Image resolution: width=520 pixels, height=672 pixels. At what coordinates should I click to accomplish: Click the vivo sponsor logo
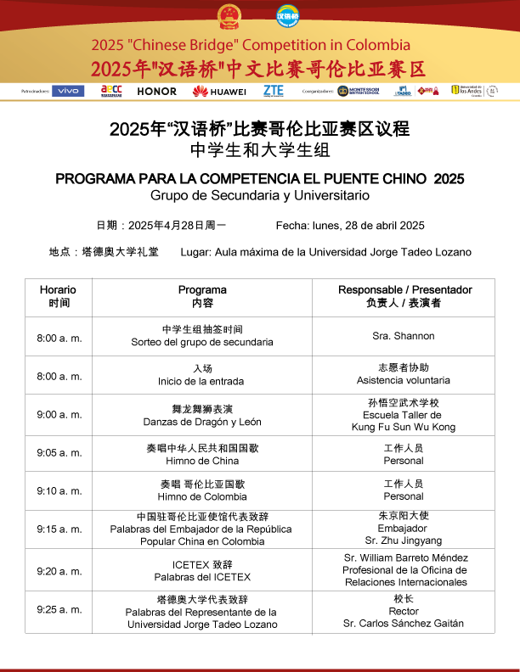click(68, 91)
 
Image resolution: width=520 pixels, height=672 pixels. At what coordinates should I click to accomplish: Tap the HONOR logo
click(157, 91)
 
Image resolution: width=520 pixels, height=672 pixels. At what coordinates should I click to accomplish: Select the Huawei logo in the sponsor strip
click(219, 91)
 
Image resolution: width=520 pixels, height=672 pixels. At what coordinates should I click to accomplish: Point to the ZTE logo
click(274, 90)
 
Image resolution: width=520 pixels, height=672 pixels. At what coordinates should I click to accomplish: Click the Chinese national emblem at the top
click(229, 16)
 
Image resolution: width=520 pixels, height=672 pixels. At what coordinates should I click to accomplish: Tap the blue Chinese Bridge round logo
click(288, 16)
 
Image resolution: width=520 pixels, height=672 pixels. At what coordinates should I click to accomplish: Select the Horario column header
click(58, 296)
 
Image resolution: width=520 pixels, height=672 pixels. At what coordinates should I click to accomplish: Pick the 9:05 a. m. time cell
click(59, 453)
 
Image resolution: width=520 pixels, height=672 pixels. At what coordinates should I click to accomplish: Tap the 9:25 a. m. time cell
click(59, 609)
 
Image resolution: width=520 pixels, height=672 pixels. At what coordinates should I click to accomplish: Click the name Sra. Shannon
click(403, 336)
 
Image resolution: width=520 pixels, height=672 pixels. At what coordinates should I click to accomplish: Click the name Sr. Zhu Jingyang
click(403, 540)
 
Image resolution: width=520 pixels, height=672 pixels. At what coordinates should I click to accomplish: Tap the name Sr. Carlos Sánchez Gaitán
click(403, 624)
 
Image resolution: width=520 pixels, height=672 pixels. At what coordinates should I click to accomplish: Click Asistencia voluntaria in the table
click(403, 380)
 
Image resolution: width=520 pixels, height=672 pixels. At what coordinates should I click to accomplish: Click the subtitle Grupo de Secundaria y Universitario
click(260, 195)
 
